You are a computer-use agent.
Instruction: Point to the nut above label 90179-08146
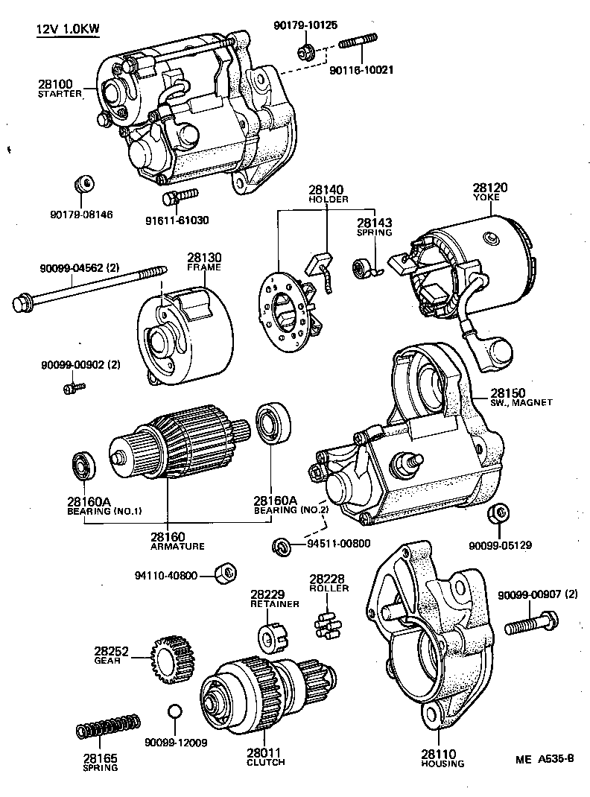coord(85,184)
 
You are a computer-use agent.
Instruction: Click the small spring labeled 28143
coord(362,266)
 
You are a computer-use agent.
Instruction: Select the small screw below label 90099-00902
coord(74,387)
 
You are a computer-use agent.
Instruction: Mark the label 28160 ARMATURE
coord(167,540)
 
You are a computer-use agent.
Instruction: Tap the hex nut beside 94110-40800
coord(225,573)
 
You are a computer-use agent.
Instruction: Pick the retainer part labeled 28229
coord(269,638)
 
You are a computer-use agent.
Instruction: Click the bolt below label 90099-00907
coord(530,623)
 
